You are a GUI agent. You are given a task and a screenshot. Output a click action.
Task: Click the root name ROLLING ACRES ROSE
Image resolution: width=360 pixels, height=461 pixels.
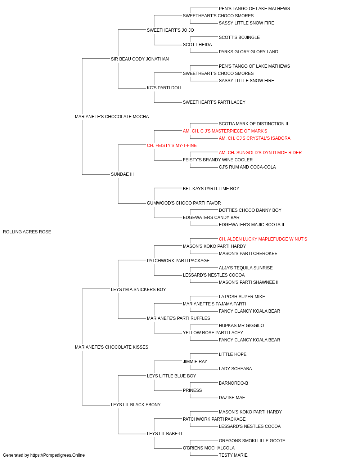click(27, 232)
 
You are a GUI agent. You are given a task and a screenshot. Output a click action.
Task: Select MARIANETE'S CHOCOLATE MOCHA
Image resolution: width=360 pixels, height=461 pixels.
click(112, 117)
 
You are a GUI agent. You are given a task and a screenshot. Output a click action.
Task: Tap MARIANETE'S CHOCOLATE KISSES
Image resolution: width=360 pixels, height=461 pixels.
click(112, 347)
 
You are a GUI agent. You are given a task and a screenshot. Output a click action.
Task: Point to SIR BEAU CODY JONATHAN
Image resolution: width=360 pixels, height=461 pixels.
click(140, 59)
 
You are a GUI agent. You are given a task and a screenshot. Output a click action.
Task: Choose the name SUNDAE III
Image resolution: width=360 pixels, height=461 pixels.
click(122, 174)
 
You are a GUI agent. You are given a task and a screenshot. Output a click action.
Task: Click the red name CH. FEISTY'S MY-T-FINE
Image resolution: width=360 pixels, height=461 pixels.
click(172, 146)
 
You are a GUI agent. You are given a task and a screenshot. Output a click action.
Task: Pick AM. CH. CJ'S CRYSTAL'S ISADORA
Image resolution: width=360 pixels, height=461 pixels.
click(255, 138)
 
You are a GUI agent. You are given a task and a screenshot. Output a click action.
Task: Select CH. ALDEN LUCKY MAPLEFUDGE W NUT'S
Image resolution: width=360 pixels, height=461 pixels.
click(263, 239)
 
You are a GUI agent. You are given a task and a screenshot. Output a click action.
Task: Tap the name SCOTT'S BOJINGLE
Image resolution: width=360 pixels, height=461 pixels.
click(239, 37)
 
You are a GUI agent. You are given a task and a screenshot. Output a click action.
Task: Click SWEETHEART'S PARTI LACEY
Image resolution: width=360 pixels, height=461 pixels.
click(214, 102)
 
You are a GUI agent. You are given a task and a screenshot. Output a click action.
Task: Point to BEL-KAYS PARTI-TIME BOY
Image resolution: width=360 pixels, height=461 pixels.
click(211, 189)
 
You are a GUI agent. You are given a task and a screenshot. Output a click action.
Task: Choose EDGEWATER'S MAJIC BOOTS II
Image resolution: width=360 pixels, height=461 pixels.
click(251, 225)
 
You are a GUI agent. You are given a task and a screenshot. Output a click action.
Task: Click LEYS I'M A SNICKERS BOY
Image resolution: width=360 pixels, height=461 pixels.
click(138, 290)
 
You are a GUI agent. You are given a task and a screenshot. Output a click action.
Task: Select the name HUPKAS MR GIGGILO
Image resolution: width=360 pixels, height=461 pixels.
click(241, 326)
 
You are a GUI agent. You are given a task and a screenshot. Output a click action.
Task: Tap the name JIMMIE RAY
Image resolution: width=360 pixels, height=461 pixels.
click(195, 362)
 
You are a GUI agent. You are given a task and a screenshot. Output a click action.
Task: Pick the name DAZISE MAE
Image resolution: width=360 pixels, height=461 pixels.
click(232, 398)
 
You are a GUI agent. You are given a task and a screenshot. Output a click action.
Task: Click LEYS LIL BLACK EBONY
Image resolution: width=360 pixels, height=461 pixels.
click(136, 405)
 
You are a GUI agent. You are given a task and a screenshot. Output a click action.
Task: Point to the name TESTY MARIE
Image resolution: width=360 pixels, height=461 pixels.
click(233, 455)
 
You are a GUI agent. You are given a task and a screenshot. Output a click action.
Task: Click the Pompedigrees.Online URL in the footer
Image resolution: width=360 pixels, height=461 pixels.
click(58, 455)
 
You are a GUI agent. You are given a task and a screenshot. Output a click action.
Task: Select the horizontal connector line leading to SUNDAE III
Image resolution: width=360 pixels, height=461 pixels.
click(96, 175)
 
